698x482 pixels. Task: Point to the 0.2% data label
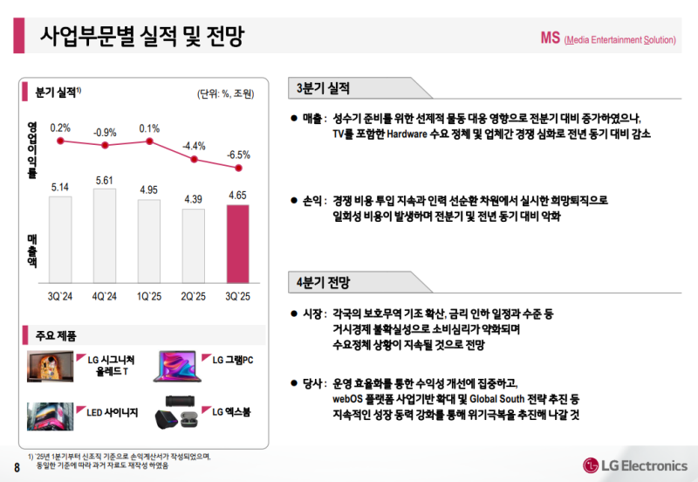point(60,127)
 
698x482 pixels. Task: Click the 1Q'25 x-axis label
point(149,297)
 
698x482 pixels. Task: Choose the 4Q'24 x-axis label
point(105,297)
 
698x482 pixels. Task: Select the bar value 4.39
point(193,200)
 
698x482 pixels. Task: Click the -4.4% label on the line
point(193,146)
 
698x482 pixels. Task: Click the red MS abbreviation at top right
point(550,38)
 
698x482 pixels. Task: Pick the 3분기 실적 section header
point(323,87)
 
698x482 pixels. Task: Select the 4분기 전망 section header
point(323,282)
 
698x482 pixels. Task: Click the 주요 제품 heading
point(57,335)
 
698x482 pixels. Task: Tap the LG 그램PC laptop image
point(178,366)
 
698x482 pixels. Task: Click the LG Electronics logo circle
point(596,463)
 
